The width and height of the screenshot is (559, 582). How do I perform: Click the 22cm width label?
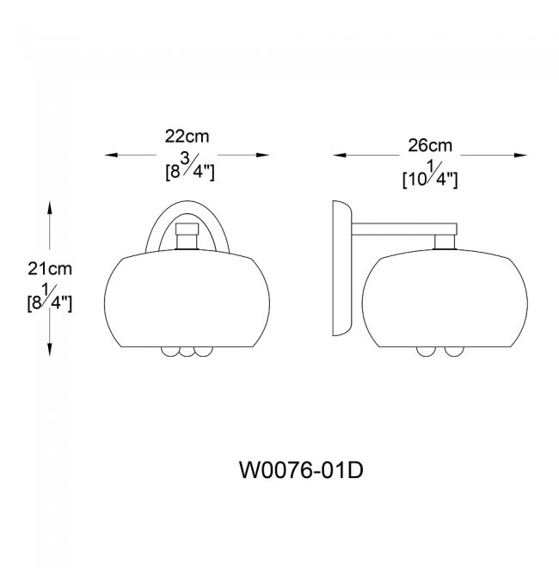187,137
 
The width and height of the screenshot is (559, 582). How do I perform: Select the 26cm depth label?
430,145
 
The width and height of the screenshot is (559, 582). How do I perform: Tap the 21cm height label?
50,268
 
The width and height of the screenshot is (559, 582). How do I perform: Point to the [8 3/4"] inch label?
190,168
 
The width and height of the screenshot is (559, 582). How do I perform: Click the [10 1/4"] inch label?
430,175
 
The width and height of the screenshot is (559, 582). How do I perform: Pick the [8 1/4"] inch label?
50,298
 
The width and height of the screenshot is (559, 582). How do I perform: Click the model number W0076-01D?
301,470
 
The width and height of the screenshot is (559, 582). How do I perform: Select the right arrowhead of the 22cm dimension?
262,155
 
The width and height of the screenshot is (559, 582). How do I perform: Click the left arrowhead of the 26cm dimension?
340,155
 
